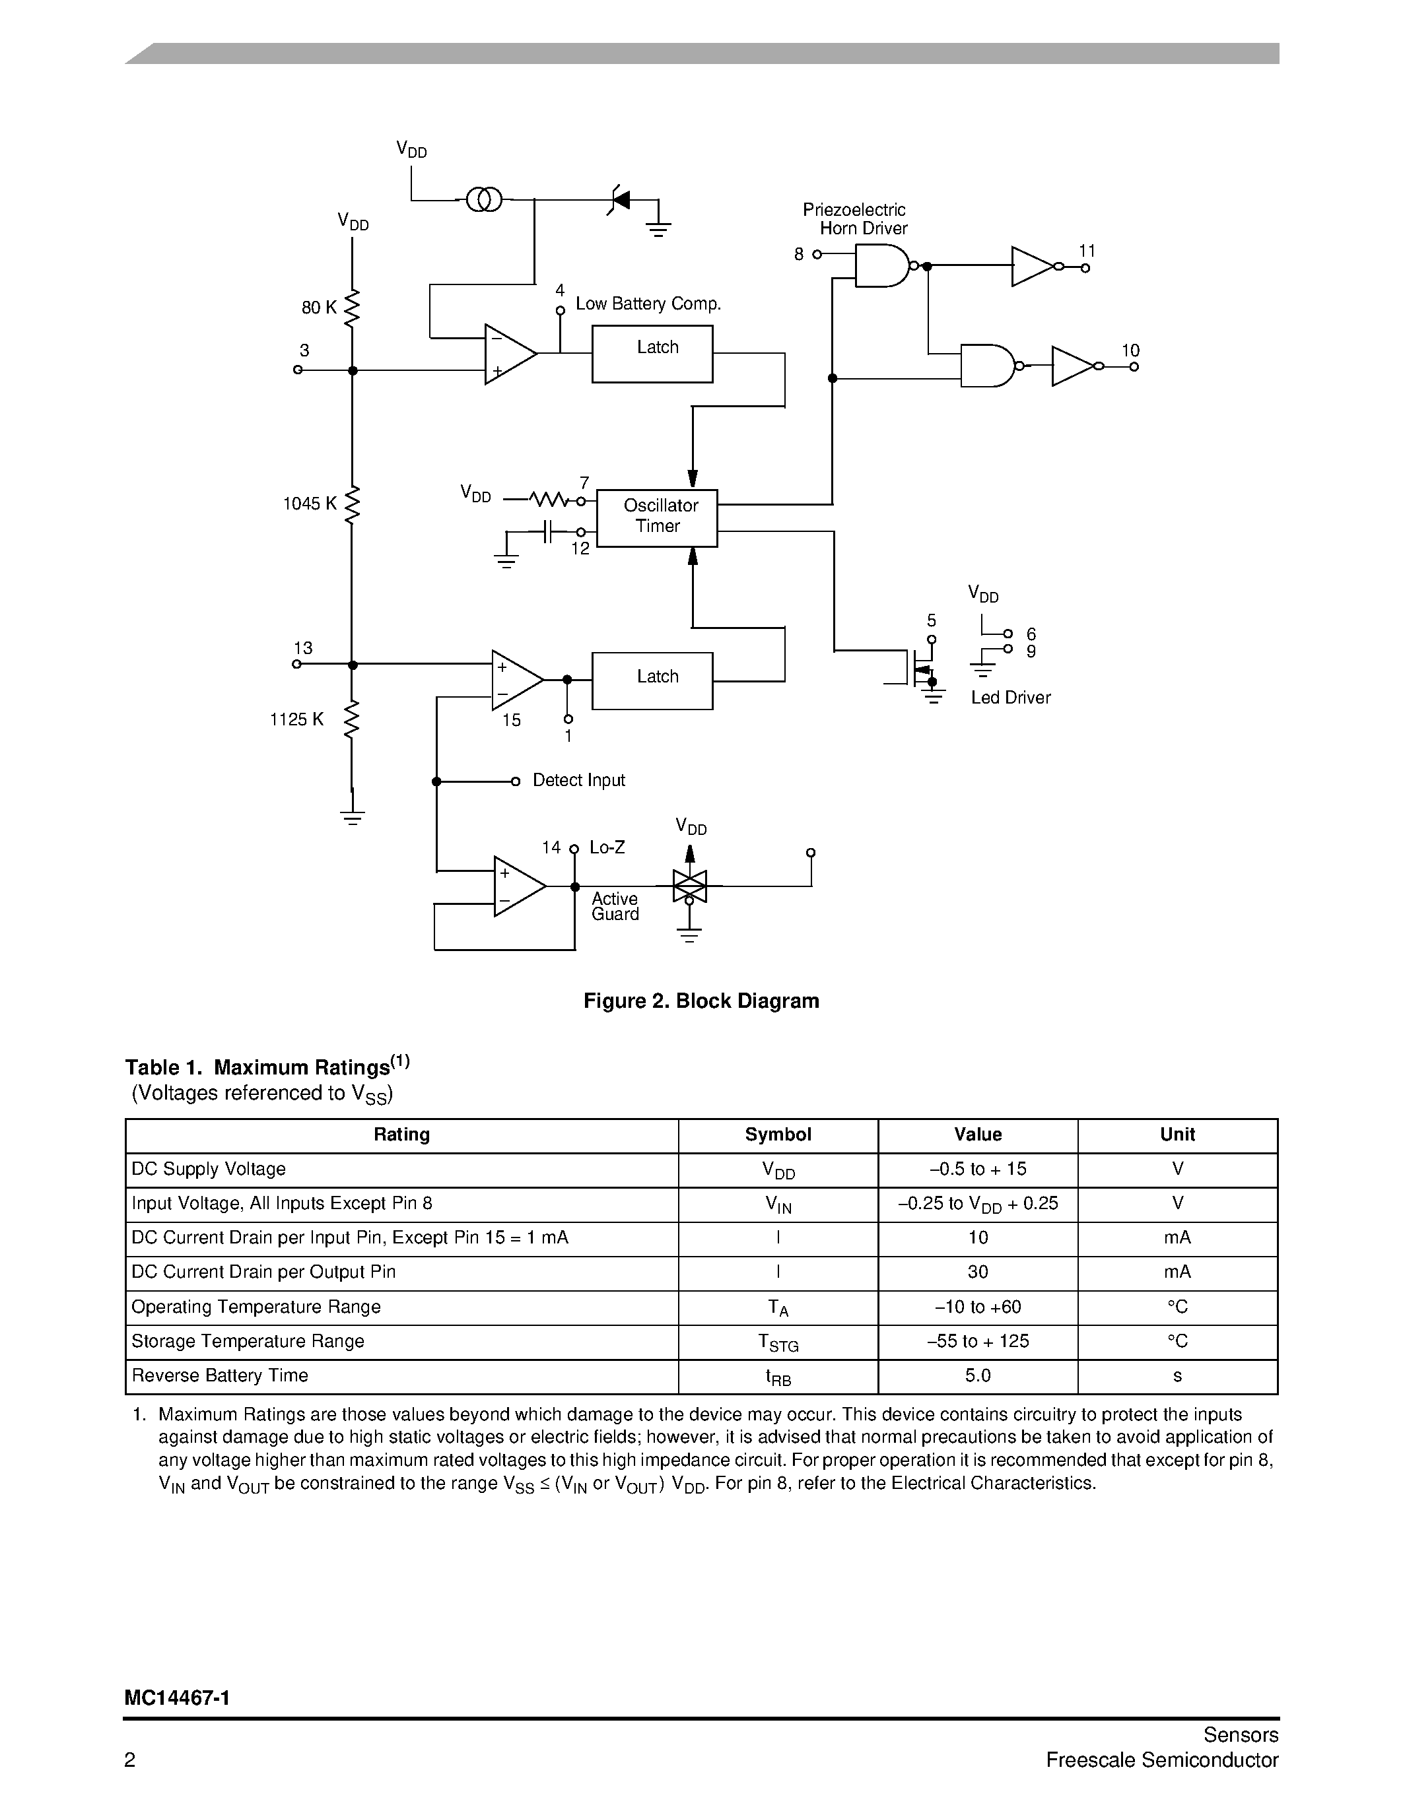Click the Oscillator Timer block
point(657,517)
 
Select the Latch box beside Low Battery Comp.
point(652,354)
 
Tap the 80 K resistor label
point(318,308)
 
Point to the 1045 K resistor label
point(309,504)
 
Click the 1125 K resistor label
point(296,719)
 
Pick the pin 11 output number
point(1087,251)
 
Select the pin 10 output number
point(1130,350)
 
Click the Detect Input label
point(578,780)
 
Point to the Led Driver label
point(1010,698)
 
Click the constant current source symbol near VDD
point(484,199)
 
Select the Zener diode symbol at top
point(619,199)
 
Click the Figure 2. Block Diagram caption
point(701,1001)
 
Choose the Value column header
point(977,1135)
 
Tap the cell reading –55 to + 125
point(977,1341)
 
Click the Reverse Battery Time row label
point(219,1375)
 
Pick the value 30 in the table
point(977,1272)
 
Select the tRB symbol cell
point(778,1377)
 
